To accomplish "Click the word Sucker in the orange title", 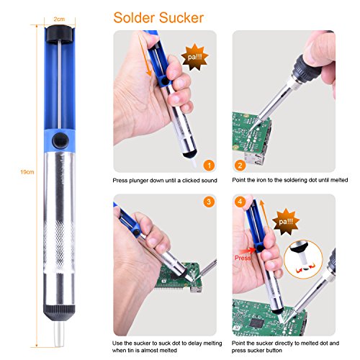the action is pyautogui.click(x=181, y=18).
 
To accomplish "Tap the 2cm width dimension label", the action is pyautogui.click(x=59, y=19).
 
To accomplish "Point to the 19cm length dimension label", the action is pyautogui.click(x=27, y=172).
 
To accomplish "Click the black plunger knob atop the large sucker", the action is pyautogui.click(x=59, y=34).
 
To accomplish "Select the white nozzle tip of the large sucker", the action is pyautogui.click(x=59, y=334).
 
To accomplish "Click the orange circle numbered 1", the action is pyautogui.click(x=209, y=166).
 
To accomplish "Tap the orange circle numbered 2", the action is pyautogui.click(x=240, y=166).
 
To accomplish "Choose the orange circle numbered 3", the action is pyautogui.click(x=209, y=202).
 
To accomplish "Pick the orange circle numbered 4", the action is pyautogui.click(x=240, y=202).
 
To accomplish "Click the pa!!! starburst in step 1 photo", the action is pyautogui.click(x=194, y=57).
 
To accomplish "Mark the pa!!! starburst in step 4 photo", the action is pyautogui.click(x=286, y=222).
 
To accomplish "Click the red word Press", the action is pyautogui.click(x=243, y=258).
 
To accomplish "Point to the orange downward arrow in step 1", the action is pyautogui.click(x=145, y=55).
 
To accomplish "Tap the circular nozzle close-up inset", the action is pyautogui.click(x=303, y=259).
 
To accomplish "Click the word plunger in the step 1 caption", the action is pyautogui.click(x=138, y=181).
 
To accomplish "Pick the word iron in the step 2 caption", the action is pyautogui.click(x=262, y=180).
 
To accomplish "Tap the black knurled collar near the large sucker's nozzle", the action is pyautogui.click(x=59, y=312).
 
